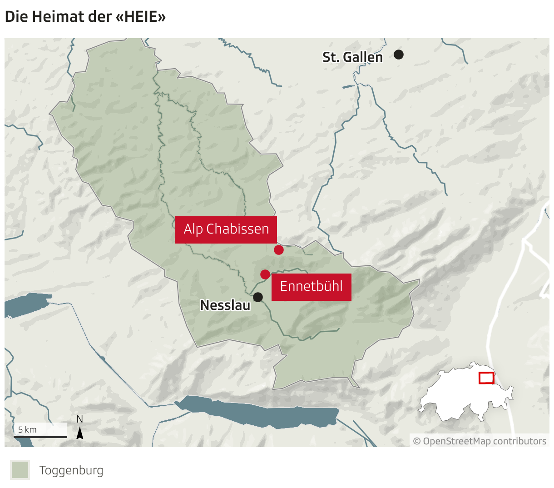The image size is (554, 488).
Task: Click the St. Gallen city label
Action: coord(352,57)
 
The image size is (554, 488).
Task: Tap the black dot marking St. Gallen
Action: coord(399,55)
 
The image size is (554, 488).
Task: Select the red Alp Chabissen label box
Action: coord(226,229)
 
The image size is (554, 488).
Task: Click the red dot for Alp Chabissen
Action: coord(279,249)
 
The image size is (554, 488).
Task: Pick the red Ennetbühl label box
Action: coord(311,286)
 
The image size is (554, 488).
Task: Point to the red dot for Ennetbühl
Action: coord(265,274)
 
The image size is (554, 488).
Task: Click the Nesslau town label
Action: coord(225,305)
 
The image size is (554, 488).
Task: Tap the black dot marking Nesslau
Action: coord(258,297)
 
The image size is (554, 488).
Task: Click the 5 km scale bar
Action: coord(40,436)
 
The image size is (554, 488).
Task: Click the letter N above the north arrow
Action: coord(80,419)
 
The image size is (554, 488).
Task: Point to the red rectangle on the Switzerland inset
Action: coord(486,378)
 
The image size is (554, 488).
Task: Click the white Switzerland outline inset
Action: coord(459,395)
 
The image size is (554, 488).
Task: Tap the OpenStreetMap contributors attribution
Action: coord(480,441)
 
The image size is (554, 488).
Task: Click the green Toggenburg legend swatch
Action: coord(20,470)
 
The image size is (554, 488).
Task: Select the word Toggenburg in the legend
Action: coord(71,470)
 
